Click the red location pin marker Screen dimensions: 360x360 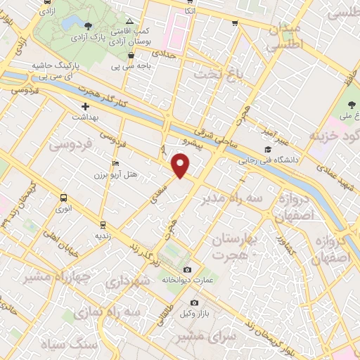click(181, 165)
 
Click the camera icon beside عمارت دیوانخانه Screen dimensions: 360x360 click(187, 270)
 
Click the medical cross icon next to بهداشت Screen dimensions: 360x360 click(85, 107)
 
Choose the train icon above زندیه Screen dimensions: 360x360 click(103, 224)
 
